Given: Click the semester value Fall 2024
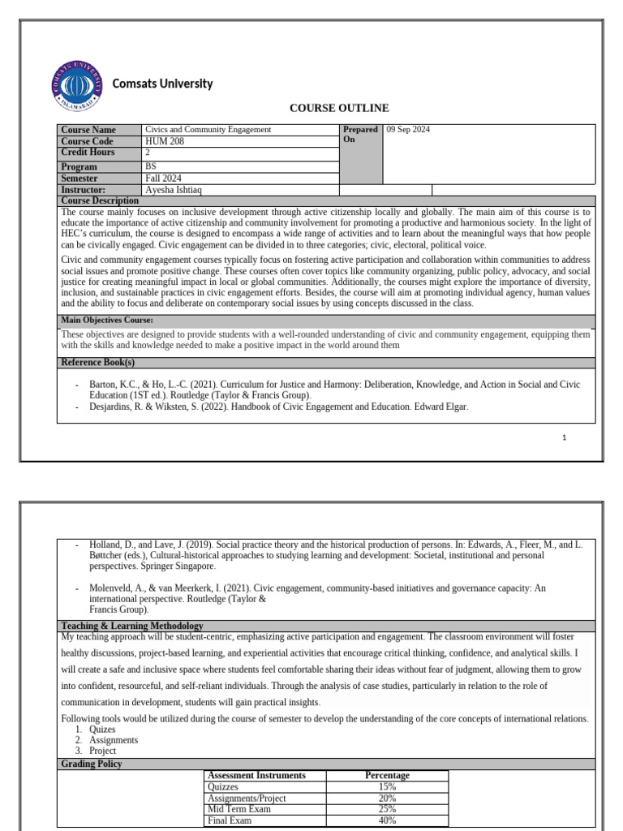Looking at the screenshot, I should (163, 179).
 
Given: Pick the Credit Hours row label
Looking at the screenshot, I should (88, 153).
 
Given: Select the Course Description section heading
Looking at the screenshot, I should (100, 200).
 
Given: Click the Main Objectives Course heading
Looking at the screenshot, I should (107, 321).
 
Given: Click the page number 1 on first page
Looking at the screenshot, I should (564, 437).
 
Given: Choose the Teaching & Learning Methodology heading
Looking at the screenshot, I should (132, 626).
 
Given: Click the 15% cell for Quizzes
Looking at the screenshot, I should (387, 786).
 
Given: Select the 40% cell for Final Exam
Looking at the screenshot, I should (387, 820).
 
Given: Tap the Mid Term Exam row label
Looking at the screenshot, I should (240, 809).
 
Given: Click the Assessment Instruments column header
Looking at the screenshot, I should (257, 775).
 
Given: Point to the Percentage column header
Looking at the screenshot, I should (387, 775).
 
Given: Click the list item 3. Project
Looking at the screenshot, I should (102, 751).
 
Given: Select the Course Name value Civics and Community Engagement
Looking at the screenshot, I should (208, 130).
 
